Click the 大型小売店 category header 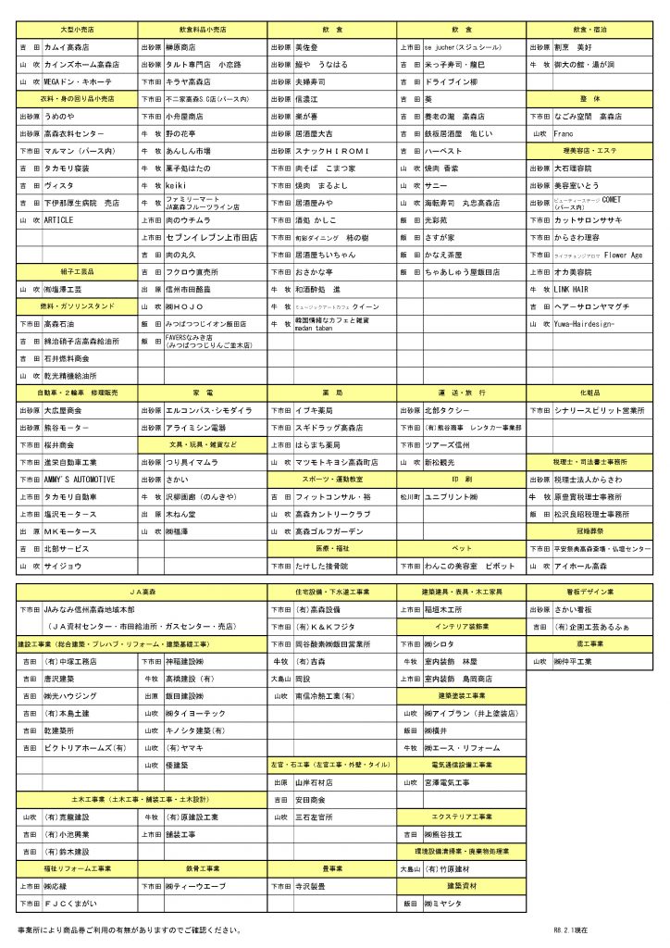tap(77, 29)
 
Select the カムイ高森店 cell tap(67, 46)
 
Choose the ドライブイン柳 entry tap(451, 81)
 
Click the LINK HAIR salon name tap(573, 290)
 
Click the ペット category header tap(462, 549)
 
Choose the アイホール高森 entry tap(580, 565)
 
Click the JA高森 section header tap(142, 591)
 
